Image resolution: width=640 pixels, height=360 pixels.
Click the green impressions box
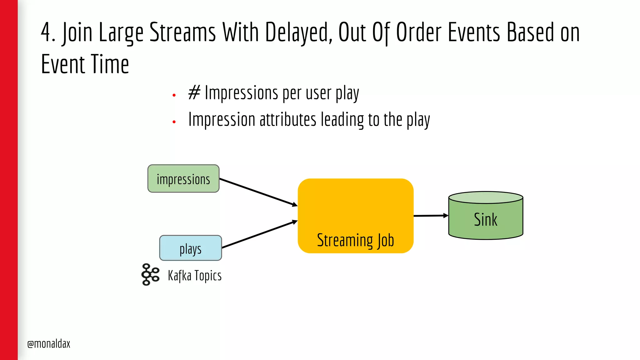183,179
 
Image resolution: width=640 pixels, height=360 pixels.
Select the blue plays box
190,248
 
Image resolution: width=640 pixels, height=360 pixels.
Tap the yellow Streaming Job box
355,216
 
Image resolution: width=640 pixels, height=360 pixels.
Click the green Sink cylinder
485,219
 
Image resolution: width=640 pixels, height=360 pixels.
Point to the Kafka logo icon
150,274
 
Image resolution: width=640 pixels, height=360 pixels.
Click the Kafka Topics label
195,276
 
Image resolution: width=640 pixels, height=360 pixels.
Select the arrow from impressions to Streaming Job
258,192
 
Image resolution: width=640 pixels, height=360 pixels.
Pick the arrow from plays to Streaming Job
259,234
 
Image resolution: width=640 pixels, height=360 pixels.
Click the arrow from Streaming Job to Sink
431,216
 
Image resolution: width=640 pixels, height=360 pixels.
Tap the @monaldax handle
49,344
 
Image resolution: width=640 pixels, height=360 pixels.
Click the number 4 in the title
46,32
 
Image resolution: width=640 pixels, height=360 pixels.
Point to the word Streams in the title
182,32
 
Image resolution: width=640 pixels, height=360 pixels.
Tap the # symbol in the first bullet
194,93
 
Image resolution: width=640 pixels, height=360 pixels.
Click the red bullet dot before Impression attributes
174,122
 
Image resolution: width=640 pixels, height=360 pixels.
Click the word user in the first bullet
318,93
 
